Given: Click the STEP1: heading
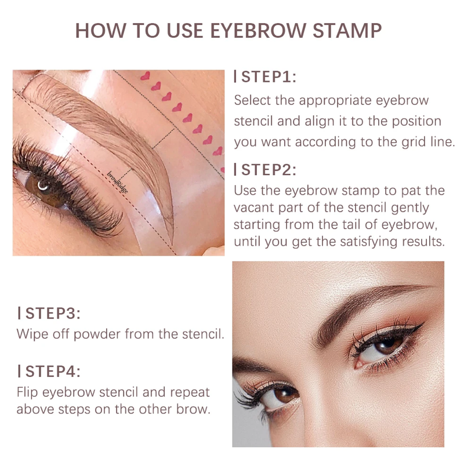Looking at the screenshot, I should pyautogui.click(x=269, y=77).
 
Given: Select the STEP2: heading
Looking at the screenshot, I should pyautogui.click(x=269, y=170).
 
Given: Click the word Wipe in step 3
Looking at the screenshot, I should pyautogui.click(x=32, y=335).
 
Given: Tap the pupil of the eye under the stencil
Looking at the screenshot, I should pyautogui.click(x=42, y=186).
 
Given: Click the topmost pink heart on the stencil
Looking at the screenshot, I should pyautogui.click(x=146, y=76).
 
